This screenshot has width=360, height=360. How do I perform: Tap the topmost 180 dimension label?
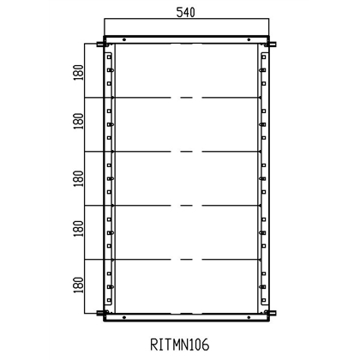tap(78, 72)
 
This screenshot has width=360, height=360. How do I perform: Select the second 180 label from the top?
tap(78, 125)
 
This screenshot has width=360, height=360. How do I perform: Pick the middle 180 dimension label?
tap(78, 177)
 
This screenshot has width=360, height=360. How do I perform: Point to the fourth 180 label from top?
tap(78, 231)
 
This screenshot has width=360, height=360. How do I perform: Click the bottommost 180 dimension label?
tap(78, 284)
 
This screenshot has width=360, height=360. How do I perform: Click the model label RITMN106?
tap(181, 345)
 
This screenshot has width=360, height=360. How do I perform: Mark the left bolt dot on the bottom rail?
tap(125, 317)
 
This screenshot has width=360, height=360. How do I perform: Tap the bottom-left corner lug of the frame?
tap(101, 312)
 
